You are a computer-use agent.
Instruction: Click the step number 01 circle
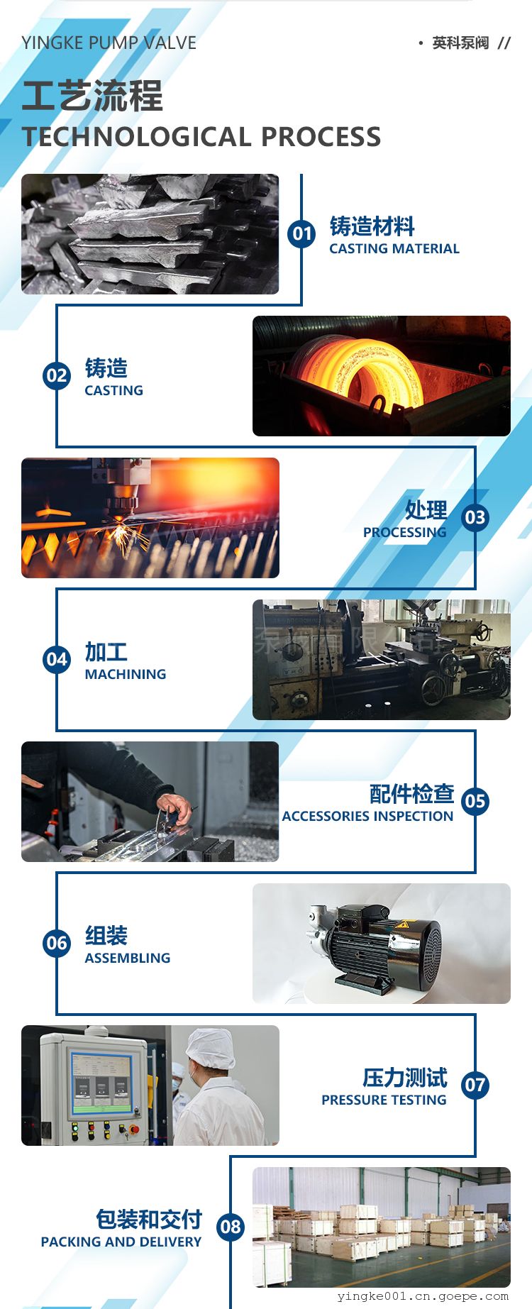[x=301, y=233]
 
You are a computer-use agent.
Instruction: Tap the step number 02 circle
[x=57, y=375]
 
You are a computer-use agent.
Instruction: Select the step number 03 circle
[x=475, y=517]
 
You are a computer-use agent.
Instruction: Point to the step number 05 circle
[x=475, y=801]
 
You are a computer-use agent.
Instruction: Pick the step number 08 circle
[x=231, y=1227]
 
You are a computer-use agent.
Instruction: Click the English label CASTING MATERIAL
[x=394, y=248]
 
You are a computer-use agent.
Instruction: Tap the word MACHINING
[x=126, y=674]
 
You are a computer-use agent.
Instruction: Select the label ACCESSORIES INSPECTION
[x=367, y=816]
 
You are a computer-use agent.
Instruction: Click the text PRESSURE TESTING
[x=384, y=1100]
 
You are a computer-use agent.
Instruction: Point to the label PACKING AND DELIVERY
[x=121, y=1242]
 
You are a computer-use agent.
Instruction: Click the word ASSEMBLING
[x=128, y=958]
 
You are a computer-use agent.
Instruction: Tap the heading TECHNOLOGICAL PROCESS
[x=201, y=137]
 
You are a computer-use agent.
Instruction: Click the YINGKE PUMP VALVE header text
[x=109, y=43]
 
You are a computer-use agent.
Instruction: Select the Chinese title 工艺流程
[x=92, y=96]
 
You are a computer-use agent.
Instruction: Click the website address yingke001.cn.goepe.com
[x=423, y=1296]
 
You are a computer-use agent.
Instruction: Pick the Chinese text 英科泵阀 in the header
[x=460, y=43]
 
